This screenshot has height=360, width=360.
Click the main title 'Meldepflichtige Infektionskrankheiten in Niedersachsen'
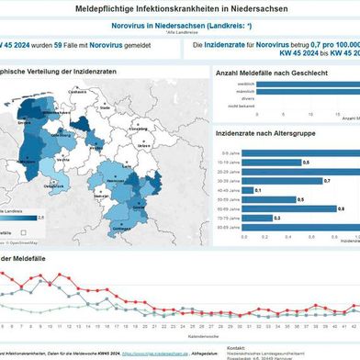pos(180,8)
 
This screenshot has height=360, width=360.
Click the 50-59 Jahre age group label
pos(228,199)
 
